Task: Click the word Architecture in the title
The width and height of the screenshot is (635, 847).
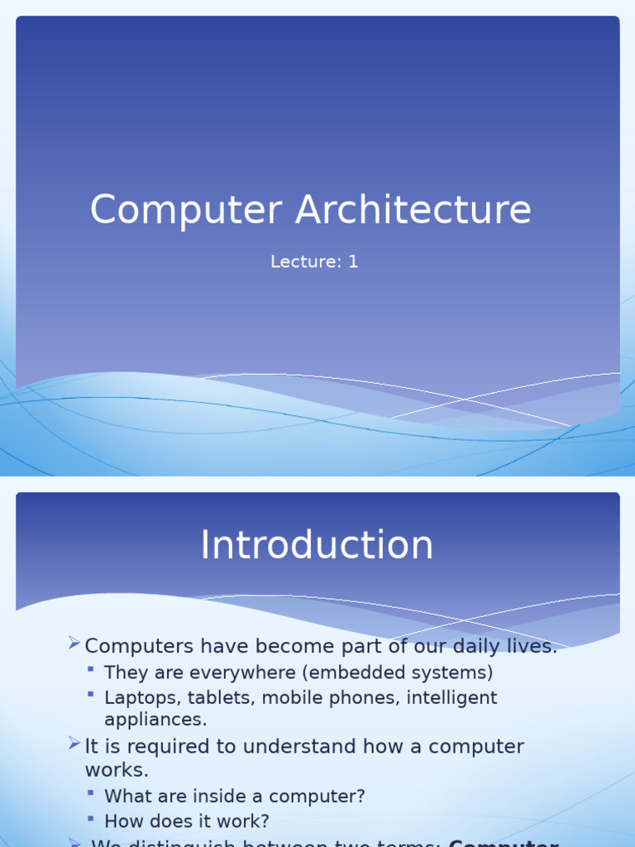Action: click(x=413, y=210)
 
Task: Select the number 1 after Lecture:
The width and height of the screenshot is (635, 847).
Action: click(x=353, y=262)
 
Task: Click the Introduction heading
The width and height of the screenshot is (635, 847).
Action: click(x=317, y=546)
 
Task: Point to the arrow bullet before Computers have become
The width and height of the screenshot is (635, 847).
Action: click(x=74, y=643)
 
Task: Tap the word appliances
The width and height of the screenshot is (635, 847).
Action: click(x=155, y=720)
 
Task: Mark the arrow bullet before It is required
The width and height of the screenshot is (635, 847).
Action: click(x=74, y=744)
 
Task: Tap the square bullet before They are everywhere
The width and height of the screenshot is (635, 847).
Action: click(x=91, y=669)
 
